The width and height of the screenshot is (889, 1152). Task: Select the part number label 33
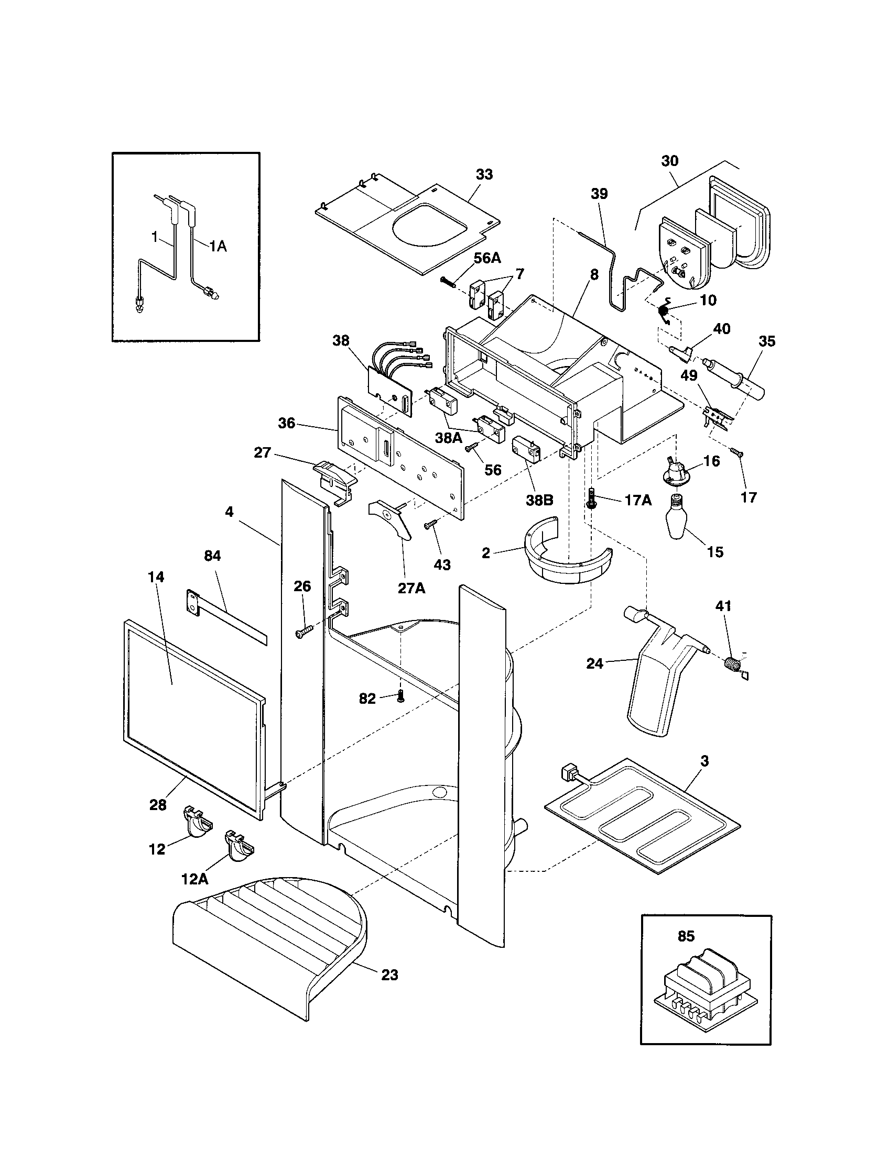[484, 174]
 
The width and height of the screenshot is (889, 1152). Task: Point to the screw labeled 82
[400, 697]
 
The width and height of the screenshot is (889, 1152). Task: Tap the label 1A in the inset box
[217, 246]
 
